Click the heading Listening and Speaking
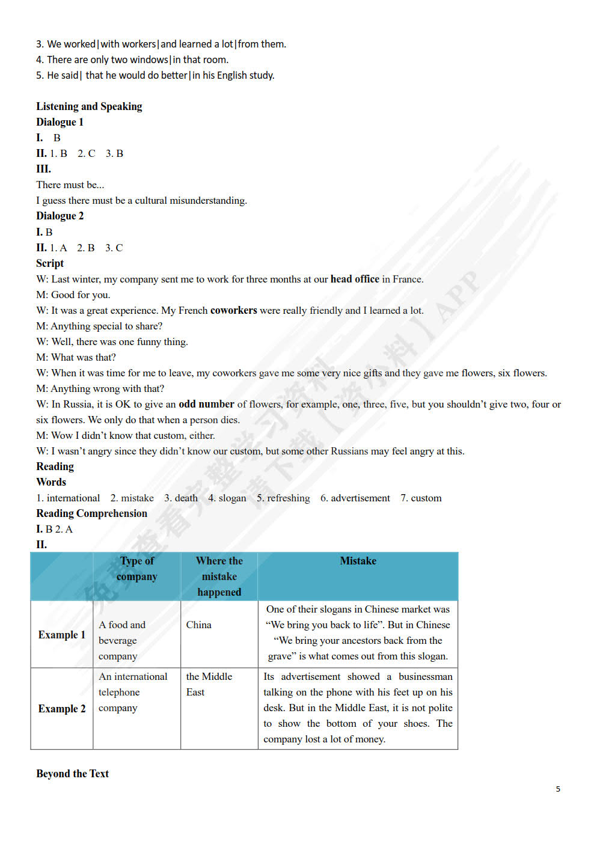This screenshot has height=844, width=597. (x=89, y=106)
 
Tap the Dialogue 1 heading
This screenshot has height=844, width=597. (x=60, y=122)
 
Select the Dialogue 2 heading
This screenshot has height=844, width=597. (x=60, y=216)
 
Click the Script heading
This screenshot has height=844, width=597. (x=50, y=263)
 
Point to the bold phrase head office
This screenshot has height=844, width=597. (x=355, y=279)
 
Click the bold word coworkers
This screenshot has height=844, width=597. (x=233, y=310)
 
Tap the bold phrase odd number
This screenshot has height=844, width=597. (x=206, y=404)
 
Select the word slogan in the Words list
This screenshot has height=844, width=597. (x=232, y=498)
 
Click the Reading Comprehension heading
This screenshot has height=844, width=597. (x=91, y=513)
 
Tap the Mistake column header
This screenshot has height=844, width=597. (x=358, y=561)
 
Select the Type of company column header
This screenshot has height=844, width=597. (x=137, y=569)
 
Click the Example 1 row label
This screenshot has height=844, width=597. (x=62, y=635)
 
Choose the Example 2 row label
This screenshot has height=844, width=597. (x=62, y=709)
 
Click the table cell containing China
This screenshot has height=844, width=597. (x=199, y=625)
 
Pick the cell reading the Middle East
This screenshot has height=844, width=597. (x=209, y=684)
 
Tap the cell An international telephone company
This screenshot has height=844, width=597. (x=133, y=692)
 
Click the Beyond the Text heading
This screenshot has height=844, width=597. (x=72, y=774)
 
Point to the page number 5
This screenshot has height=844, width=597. (x=558, y=789)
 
